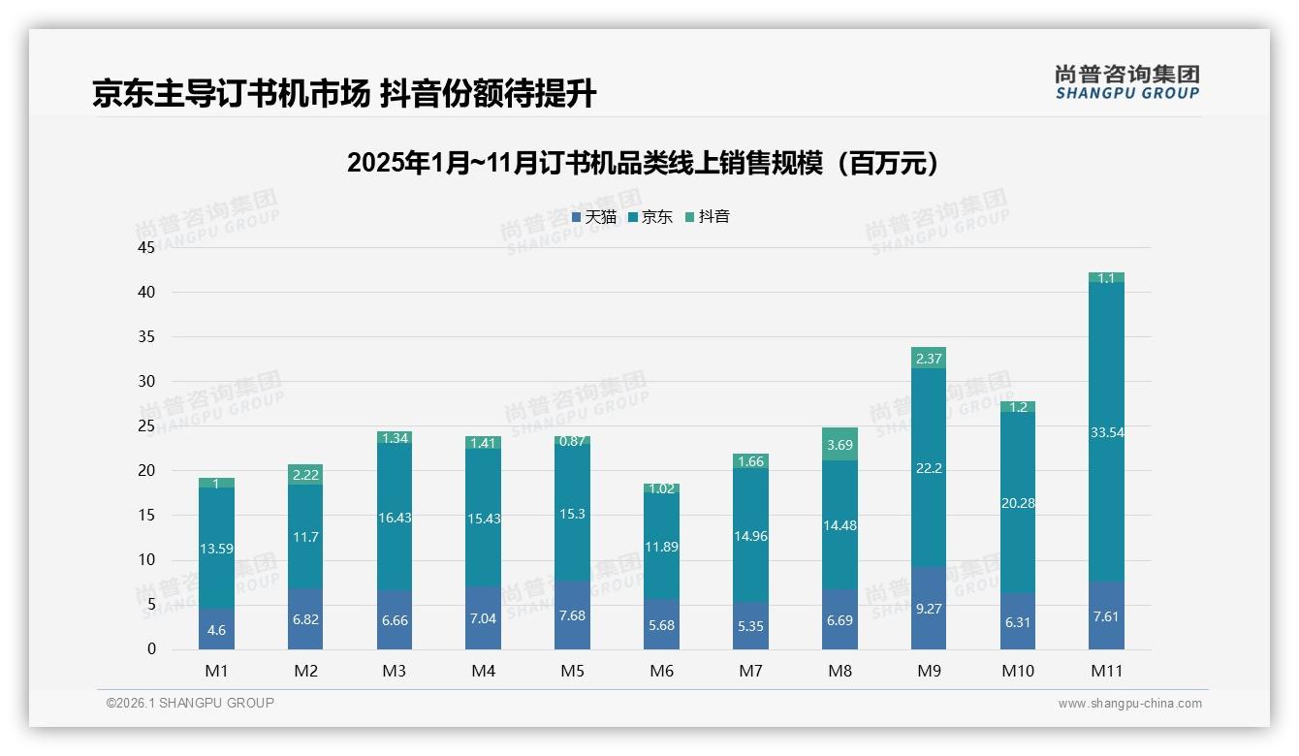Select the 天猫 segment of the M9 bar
[x=929, y=609]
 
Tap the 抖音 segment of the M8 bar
[x=840, y=444]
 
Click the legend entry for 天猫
[x=594, y=217]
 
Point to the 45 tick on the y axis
[x=146, y=248]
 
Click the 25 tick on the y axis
[x=146, y=426]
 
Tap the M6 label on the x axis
[x=661, y=671]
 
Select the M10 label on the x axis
[x=1017, y=671]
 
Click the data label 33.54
[x=1106, y=432]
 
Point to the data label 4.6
[x=216, y=630]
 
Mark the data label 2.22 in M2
[x=305, y=474]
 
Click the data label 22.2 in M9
[x=929, y=468]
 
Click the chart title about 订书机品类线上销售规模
[x=645, y=163]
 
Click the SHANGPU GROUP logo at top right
[x=1126, y=82]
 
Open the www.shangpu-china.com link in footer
[x=1129, y=704]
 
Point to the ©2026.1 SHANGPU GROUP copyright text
[x=190, y=703]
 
